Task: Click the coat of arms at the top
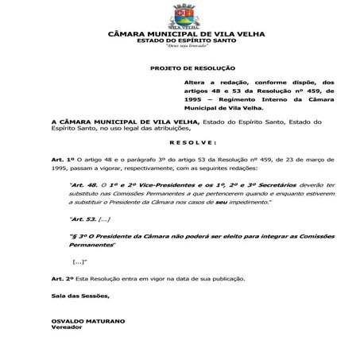point(180,14)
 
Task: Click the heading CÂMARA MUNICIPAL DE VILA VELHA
point(180,33)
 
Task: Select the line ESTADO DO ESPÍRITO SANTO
point(180,40)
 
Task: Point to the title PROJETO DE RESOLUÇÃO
point(192,68)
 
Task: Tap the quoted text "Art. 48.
point(85,184)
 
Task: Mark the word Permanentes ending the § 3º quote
point(91,244)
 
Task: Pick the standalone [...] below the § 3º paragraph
point(79,261)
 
